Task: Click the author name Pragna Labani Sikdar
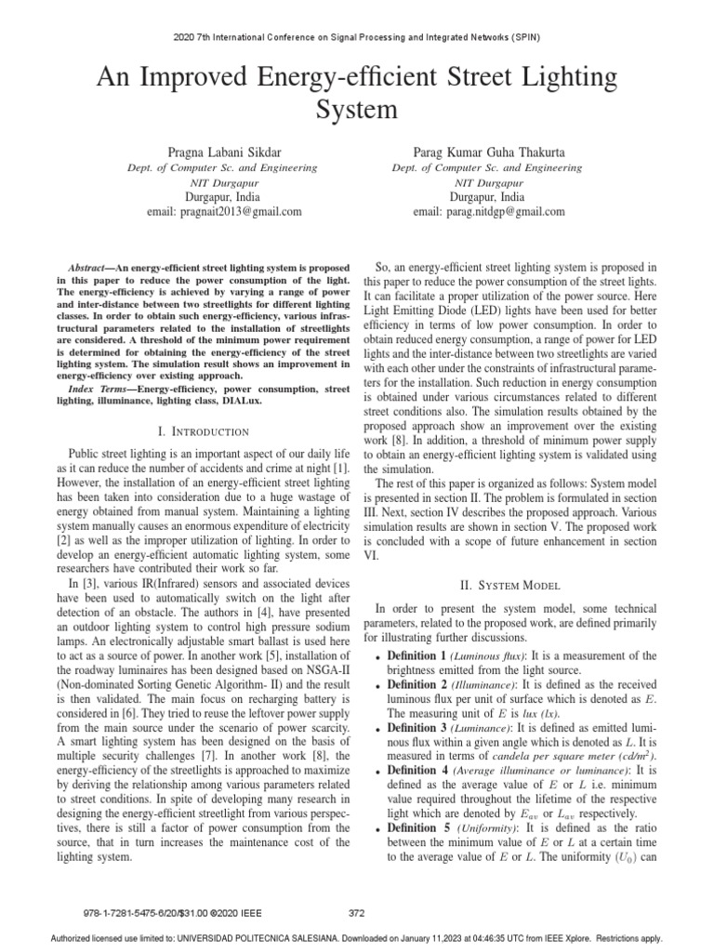[x=222, y=152]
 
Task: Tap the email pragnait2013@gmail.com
[x=222, y=212]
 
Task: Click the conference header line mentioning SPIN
[x=357, y=37]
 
